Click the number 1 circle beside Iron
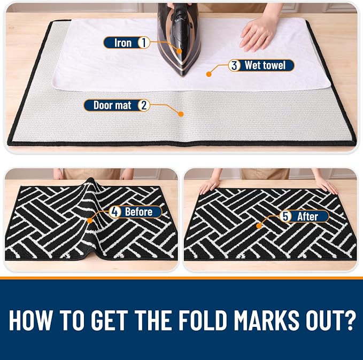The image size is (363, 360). pos(144,43)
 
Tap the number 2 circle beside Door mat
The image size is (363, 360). pos(144,105)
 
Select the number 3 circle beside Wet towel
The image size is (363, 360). pos(234,66)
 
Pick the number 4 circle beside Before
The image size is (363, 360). pos(115,212)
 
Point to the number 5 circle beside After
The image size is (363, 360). pos(285,216)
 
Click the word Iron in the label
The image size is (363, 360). pos(123,43)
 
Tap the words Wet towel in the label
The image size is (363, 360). pos(265,65)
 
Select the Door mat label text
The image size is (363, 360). pos(112,105)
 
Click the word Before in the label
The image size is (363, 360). pos(138,212)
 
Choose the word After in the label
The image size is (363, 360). pos(307,216)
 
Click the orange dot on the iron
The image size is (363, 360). pos(179,51)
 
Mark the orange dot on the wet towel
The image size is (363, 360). pos(209,74)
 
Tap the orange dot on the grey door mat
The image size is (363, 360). pos(181,114)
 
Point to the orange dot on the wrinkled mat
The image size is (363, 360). pos(90,221)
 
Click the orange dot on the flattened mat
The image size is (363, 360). pos(259,226)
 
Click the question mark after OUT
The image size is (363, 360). pos(350,320)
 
